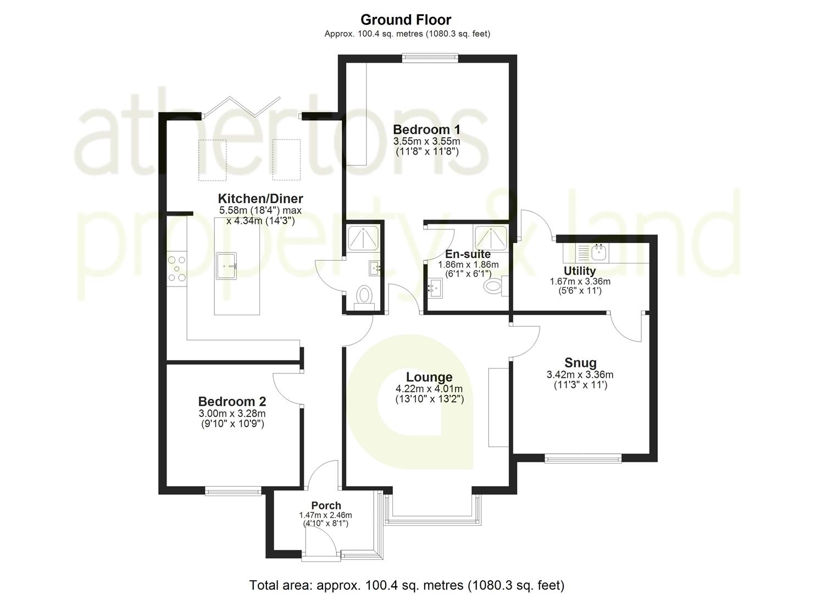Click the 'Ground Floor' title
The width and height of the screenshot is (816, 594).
[x=406, y=20]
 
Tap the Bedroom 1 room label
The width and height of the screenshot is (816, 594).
[x=426, y=130]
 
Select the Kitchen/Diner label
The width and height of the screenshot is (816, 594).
[x=260, y=199]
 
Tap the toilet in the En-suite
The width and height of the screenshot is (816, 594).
[x=495, y=286]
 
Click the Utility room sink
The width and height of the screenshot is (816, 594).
[x=598, y=253]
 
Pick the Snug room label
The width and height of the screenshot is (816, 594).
[x=580, y=363]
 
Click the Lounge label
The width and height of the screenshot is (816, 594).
[x=429, y=377]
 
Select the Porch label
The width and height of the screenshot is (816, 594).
[x=326, y=505]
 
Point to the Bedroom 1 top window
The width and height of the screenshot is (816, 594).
[x=430, y=55]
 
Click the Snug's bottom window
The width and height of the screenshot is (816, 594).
[x=583, y=458]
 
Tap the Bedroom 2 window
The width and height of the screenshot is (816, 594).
[x=234, y=491]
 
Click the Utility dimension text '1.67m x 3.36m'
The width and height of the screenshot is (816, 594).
[x=580, y=281]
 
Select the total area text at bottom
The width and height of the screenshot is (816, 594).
[x=407, y=585]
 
